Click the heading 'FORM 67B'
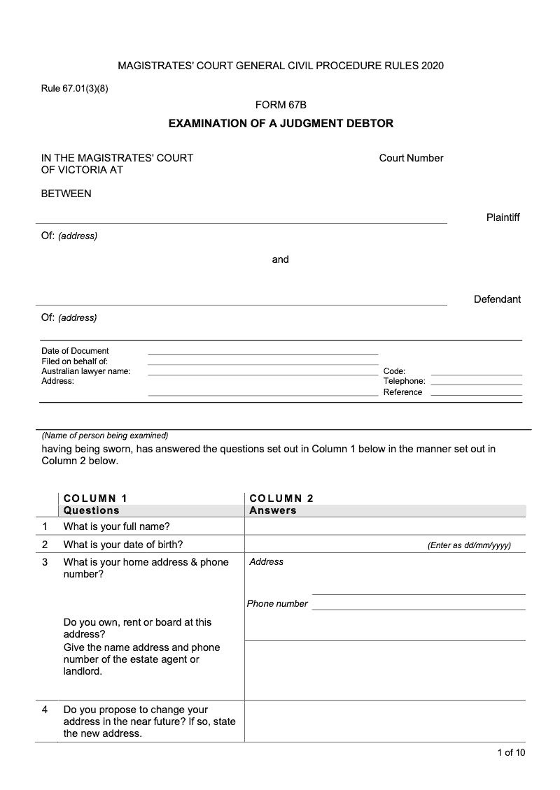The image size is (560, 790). (281, 105)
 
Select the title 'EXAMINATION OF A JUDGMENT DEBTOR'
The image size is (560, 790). (281, 124)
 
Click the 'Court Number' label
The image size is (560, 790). (411, 158)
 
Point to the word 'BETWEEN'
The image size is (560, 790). (66, 194)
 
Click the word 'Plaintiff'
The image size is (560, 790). (503, 217)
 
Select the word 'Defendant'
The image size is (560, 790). (497, 299)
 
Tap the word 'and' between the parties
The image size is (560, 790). (280, 259)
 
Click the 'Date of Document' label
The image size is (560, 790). (75, 351)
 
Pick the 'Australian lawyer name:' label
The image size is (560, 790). (86, 371)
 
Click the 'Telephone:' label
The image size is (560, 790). (404, 381)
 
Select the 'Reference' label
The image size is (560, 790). (402, 392)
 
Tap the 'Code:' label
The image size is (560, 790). (394, 371)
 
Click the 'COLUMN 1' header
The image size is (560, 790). (95, 498)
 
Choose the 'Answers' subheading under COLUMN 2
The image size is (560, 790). (273, 510)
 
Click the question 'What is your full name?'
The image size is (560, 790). (117, 526)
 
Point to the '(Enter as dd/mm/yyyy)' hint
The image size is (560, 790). (469, 545)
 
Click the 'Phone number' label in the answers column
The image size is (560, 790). (277, 604)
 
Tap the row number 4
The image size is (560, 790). (45, 710)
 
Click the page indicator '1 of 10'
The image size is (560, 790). (511, 752)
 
